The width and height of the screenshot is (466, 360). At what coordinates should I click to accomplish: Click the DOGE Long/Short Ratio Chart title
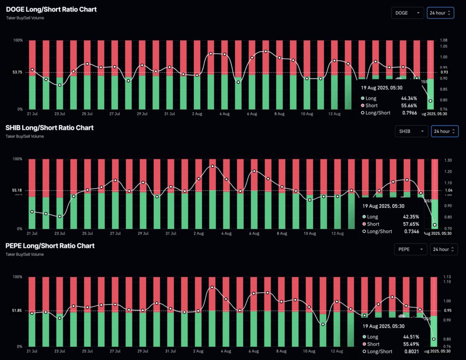51,9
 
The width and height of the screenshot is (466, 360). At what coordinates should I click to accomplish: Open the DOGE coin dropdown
407,13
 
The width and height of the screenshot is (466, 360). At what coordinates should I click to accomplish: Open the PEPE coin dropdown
410,249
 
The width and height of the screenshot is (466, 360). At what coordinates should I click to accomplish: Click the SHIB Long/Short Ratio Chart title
50,127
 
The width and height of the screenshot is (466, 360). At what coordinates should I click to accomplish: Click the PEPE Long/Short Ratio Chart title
50,245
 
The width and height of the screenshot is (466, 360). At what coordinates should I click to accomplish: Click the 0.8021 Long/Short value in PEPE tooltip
411,351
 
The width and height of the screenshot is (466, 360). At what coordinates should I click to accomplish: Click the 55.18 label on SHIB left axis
16,190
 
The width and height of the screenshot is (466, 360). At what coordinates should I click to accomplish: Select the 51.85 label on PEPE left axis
16,310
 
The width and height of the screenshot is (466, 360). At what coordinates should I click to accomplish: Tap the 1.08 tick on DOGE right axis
444,41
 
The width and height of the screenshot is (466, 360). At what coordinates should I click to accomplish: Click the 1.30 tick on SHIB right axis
448,161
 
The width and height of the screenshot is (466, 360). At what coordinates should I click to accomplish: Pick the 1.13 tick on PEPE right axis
447,277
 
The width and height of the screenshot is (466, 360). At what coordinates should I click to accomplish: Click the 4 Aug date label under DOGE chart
225,114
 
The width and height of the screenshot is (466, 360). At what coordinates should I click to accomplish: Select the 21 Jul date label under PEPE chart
32,351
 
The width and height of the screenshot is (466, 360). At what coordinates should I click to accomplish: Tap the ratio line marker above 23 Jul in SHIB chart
60,216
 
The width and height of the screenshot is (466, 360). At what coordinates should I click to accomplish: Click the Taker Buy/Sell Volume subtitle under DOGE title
25,18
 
